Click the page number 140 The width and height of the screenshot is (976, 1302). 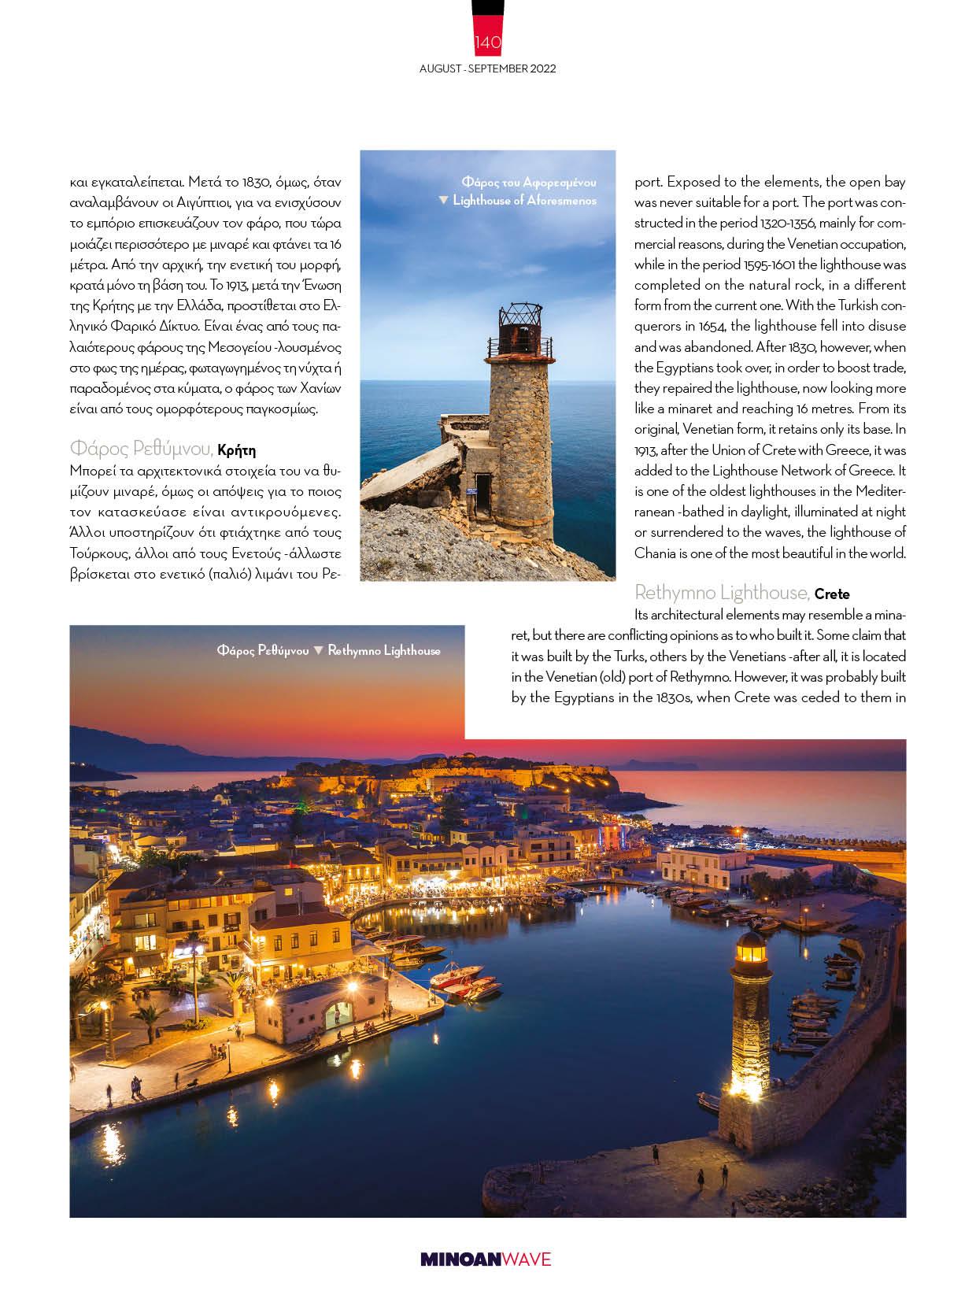(x=487, y=42)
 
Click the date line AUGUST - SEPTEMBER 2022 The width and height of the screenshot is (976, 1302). (x=487, y=68)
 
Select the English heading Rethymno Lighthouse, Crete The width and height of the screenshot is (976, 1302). (x=741, y=593)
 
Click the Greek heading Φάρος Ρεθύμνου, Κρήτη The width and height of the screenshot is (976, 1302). (x=162, y=449)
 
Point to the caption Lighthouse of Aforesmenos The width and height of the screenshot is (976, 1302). (x=524, y=201)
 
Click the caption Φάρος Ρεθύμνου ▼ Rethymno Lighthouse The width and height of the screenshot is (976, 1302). (x=328, y=651)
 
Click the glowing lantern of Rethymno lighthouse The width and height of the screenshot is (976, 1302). (x=752, y=952)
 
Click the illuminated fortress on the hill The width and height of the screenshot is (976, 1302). (x=504, y=779)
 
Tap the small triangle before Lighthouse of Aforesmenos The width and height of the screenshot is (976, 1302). (x=443, y=201)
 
